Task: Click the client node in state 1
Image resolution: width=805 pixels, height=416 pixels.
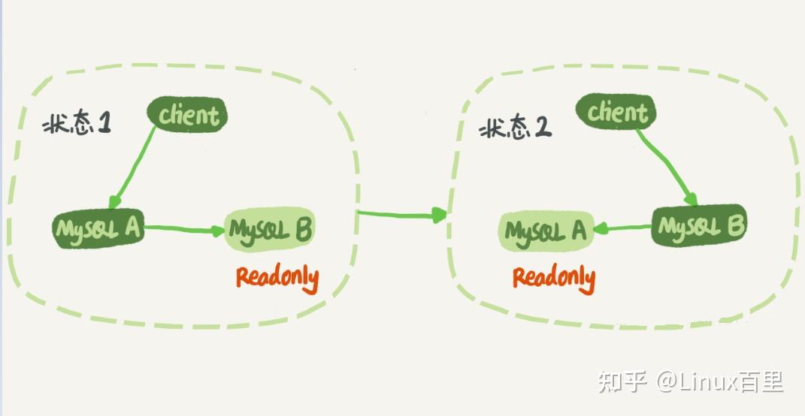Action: click(187, 115)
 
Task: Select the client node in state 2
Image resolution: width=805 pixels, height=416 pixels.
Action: click(616, 113)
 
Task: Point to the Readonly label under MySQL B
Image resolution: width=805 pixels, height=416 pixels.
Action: click(277, 278)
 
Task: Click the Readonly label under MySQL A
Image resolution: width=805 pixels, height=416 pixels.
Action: click(554, 278)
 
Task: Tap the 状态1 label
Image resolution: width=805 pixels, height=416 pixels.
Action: click(77, 124)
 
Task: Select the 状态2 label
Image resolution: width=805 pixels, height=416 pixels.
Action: click(516, 128)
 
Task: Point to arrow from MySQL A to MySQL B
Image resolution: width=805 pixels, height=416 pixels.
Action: click(184, 229)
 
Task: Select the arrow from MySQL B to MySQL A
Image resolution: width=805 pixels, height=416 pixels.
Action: click(623, 228)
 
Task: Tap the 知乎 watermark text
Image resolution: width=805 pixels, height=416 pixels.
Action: click(622, 381)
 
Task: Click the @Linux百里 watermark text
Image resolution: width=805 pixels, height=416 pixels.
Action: click(720, 381)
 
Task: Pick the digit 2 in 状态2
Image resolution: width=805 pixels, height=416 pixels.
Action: click(543, 128)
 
